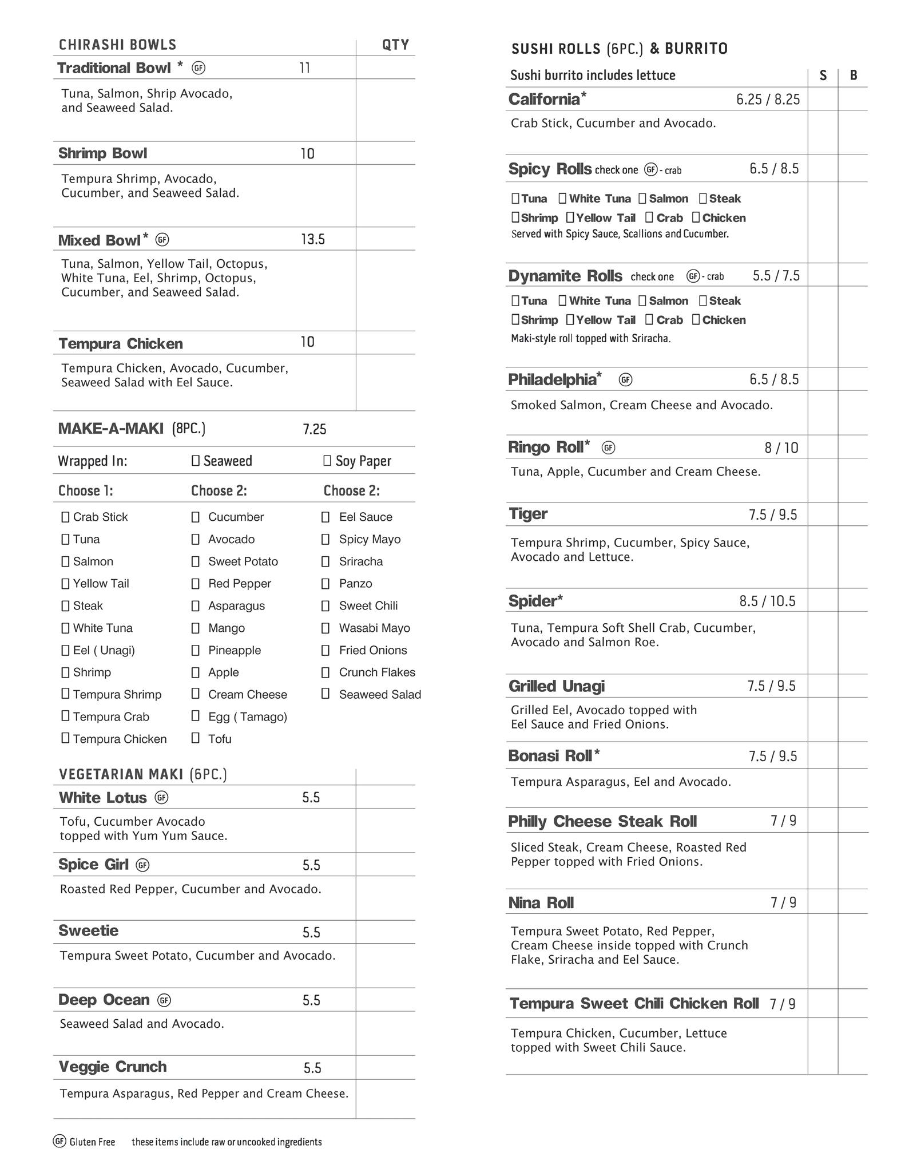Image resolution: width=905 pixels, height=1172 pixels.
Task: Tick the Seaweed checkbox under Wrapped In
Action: pyautogui.click(x=196, y=461)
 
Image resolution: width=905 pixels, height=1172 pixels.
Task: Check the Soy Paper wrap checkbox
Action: pyautogui.click(x=327, y=461)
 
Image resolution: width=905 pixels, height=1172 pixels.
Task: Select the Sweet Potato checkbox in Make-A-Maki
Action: pyautogui.click(x=196, y=561)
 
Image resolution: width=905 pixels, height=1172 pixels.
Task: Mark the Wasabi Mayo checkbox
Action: pyautogui.click(x=326, y=628)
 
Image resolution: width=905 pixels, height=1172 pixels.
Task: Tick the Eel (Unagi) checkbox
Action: pyautogui.click(x=65, y=650)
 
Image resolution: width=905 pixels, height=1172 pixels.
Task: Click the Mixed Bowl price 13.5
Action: pyautogui.click(x=313, y=239)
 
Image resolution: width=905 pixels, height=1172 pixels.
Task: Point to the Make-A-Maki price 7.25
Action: pyautogui.click(x=315, y=429)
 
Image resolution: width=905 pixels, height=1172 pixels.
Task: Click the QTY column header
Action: pyautogui.click(x=395, y=45)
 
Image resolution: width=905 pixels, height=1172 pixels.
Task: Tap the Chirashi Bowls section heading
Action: pyautogui.click(x=117, y=45)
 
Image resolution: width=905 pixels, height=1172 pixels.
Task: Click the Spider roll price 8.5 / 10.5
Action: pyautogui.click(x=767, y=601)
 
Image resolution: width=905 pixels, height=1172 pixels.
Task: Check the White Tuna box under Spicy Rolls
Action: pyautogui.click(x=562, y=199)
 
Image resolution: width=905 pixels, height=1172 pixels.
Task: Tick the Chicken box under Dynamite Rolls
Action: pyautogui.click(x=696, y=319)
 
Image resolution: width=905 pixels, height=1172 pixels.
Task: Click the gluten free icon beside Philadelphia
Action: pyautogui.click(x=626, y=379)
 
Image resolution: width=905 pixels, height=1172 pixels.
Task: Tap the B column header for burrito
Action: pyautogui.click(x=854, y=75)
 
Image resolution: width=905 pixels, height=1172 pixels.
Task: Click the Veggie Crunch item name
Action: pyautogui.click(x=113, y=1067)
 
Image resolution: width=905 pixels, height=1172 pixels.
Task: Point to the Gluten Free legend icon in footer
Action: pyautogui.click(x=59, y=1141)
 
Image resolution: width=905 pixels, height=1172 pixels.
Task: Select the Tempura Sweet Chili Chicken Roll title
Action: pyautogui.click(x=634, y=1003)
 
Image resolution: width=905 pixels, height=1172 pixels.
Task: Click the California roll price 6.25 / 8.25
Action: pyautogui.click(x=768, y=100)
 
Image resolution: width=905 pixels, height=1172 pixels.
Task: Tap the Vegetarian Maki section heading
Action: pyautogui.click(x=143, y=774)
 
